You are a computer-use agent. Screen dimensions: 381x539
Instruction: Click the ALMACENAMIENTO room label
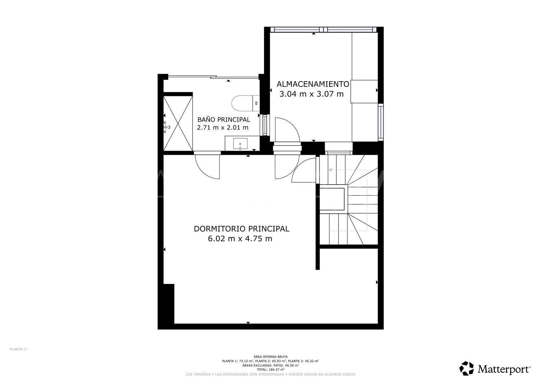tap(313, 84)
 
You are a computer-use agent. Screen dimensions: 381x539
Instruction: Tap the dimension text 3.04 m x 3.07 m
tap(312, 94)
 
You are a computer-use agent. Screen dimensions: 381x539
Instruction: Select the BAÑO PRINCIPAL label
tap(224, 120)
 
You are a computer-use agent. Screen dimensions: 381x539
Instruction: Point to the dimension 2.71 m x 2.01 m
tap(223, 127)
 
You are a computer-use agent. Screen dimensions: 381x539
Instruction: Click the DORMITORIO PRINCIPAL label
tap(241, 229)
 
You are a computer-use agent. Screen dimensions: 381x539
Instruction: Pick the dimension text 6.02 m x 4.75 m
tap(240, 238)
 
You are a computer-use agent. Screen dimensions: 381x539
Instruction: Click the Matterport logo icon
tap(467, 368)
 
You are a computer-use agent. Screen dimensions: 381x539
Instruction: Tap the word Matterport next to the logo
tap(504, 369)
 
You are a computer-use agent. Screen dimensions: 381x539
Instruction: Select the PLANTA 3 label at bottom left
tap(18, 349)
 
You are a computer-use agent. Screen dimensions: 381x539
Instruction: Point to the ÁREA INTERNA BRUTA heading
tap(271, 357)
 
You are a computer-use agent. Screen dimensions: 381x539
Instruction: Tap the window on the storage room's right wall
tap(381, 122)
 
